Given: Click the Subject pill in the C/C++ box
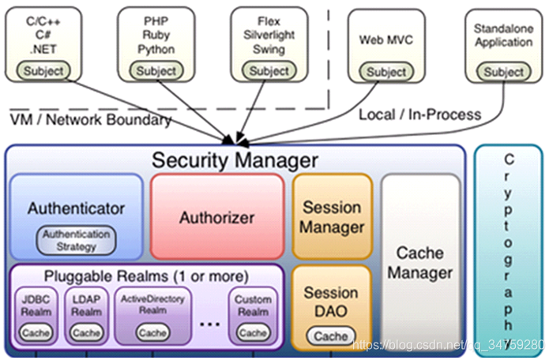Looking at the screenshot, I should tap(44, 71).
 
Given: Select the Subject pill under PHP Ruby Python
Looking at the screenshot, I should tap(156, 71).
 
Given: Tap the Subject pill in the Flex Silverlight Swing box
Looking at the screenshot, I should tap(269, 71).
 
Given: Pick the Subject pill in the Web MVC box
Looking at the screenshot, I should tap(386, 72).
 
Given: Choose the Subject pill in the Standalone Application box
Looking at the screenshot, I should tap(504, 72).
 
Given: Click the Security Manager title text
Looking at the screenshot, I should tap(235, 160).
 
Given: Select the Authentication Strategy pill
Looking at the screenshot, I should tap(77, 240).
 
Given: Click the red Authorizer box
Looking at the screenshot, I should tap(216, 217).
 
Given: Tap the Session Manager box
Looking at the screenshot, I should tap(332, 217).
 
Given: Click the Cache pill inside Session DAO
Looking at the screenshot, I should tap(331, 336).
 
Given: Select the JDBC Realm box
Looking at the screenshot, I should tap(36, 317).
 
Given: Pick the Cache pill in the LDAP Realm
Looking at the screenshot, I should tap(86, 333).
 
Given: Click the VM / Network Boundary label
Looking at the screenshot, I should tap(91, 120).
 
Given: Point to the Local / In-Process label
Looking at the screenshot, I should tap(419, 114).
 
